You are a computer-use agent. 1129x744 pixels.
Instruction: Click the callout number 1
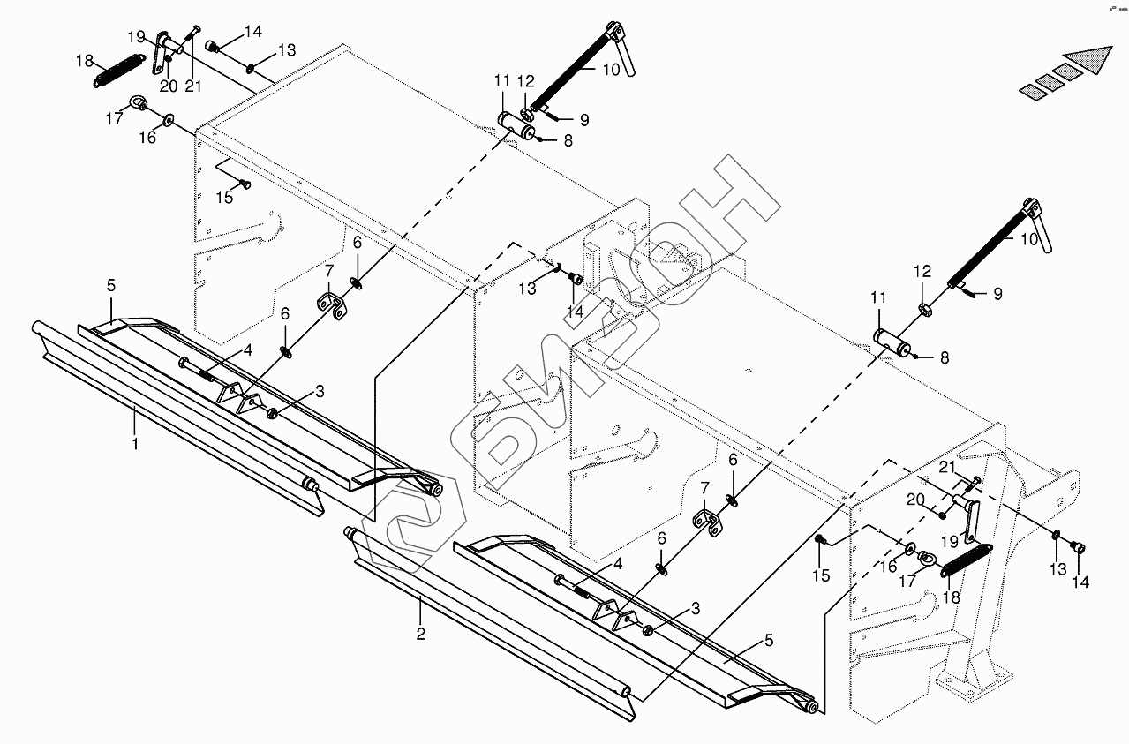(x=135, y=444)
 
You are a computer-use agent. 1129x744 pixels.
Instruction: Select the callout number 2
(x=421, y=633)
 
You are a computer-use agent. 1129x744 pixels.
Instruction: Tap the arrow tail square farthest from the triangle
(x=1032, y=89)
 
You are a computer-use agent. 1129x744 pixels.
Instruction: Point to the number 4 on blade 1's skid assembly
(x=248, y=350)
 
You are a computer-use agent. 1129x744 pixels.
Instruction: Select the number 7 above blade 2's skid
(x=704, y=488)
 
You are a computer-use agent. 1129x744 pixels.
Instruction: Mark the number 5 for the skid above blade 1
(x=111, y=285)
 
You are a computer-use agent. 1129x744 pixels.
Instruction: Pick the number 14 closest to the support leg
(x=1080, y=582)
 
